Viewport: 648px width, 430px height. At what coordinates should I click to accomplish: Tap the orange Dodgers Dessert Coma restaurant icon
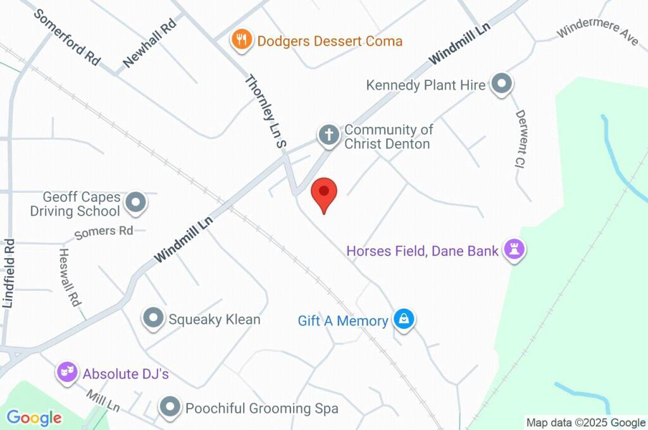(x=241, y=40)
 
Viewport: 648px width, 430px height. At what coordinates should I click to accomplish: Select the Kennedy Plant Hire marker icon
(x=502, y=84)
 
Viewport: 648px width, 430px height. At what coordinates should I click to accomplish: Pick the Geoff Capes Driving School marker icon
(x=135, y=204)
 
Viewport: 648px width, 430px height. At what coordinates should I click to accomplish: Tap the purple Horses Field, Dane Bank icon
(x=514, y=250)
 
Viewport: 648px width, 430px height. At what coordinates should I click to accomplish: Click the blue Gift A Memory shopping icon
(x=403, y=320)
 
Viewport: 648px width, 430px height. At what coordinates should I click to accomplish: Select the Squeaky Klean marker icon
(x=153, y=319)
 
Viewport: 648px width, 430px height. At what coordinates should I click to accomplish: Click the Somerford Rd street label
(x=67, y=37)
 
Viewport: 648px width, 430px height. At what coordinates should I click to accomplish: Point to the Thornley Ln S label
(x=266, y=111)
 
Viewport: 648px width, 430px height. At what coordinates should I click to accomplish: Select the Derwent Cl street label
(x=522, y=138)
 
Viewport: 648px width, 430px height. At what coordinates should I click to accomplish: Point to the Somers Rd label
(x=104, y=232)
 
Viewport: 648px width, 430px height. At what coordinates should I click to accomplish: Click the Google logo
(x=34, y=417)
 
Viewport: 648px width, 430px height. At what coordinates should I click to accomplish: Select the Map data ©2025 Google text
(x=585, y=422)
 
